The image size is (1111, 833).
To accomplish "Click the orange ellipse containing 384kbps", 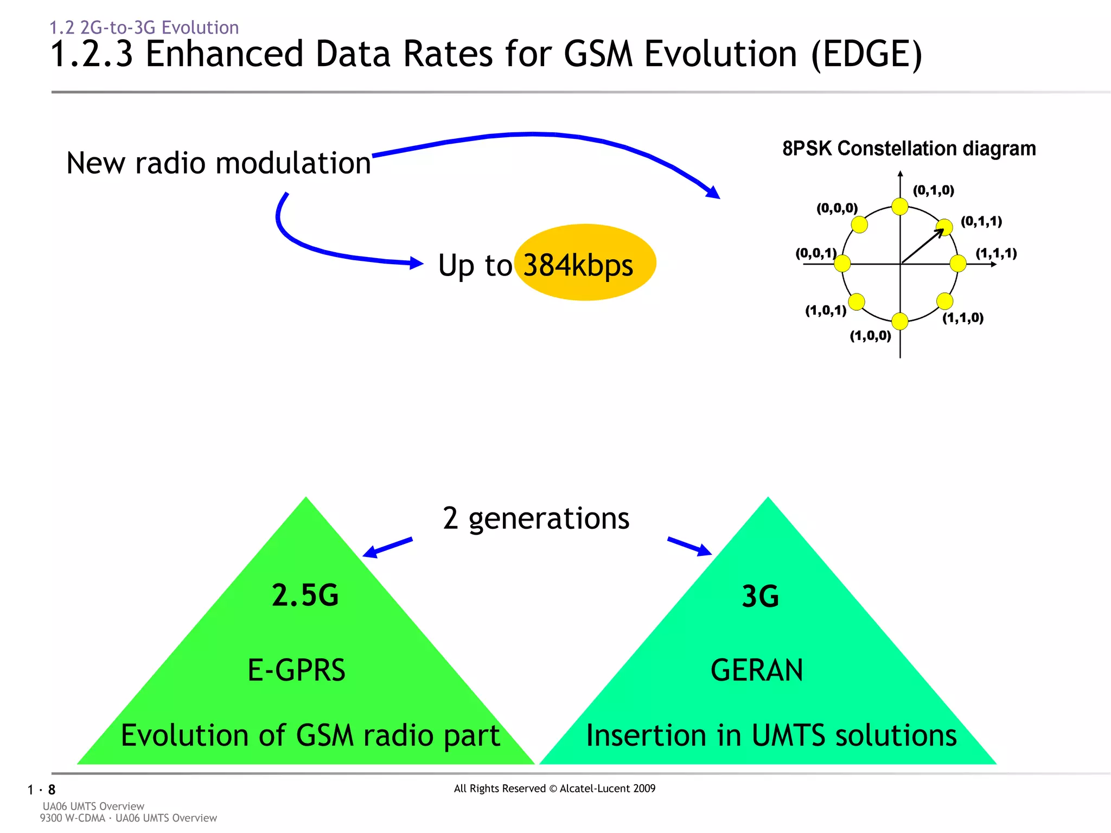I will click(585, 263).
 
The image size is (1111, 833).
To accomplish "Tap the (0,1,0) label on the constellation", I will click(933, 190).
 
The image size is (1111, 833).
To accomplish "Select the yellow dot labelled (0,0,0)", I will click(859, 224).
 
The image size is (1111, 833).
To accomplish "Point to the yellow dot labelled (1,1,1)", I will click(958, 264).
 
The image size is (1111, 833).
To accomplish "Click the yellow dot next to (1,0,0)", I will click(900, 321).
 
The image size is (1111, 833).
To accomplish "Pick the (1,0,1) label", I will click(825, 311).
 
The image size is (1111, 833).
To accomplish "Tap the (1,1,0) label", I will click(962, 318).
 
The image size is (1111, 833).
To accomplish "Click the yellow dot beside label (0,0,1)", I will click(842, 264).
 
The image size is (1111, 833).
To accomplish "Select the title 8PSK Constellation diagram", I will click(909, 149).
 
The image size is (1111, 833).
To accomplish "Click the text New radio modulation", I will click(218, 163).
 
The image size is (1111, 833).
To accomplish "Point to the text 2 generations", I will click(536, 518).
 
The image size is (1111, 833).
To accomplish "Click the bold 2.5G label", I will click(305, 595).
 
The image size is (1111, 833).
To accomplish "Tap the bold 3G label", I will click(760, 597).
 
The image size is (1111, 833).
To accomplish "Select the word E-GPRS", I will click(296, 670).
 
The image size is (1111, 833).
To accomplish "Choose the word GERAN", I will click(757, 670).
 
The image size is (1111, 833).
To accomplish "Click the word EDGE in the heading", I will click(866, 54).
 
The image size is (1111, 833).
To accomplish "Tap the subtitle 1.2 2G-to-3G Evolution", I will click(144, 27).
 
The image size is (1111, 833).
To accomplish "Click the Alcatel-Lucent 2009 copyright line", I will click(554, 789).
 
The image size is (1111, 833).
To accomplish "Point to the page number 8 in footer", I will click(52, 790).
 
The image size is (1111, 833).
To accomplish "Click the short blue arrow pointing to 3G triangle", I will click(689, 546).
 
